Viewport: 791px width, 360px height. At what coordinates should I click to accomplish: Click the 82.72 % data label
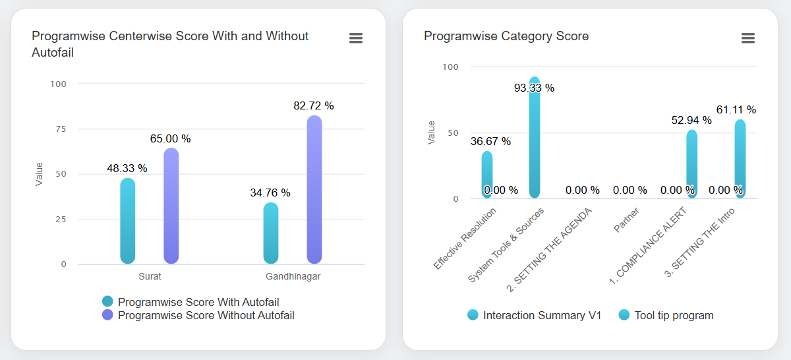[x=314, y=105]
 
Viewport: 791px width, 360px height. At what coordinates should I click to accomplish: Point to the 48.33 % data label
[x=127, y=168]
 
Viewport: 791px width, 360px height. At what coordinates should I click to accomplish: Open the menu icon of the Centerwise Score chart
[x=356, y=38]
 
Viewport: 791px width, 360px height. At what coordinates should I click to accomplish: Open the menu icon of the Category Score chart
[x=747, y=38]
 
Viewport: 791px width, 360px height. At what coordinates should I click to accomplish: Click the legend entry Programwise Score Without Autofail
[x=206, y=315]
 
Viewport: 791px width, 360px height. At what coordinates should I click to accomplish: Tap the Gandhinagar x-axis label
[x=293, y=277]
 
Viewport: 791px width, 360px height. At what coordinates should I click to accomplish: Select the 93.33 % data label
[x=534, y=88]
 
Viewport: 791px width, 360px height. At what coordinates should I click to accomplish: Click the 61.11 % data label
[x=736, y=109]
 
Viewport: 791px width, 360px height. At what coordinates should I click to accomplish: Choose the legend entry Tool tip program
[x=674, y=315]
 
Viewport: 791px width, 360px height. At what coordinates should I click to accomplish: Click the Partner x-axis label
[x=626, y=220]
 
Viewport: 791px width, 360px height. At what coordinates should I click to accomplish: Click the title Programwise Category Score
[x=506, y=36]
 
